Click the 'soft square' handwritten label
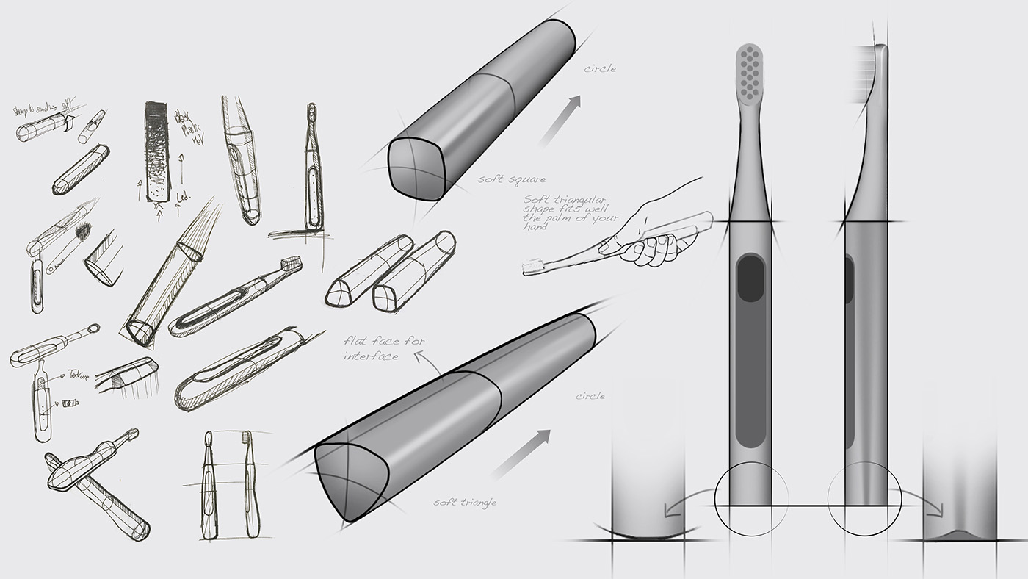click(x=511, y=179)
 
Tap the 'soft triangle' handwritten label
click(x=464, y=503)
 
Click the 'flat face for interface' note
click(x=394, y=348)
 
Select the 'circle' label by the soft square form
click(x=600, y=69)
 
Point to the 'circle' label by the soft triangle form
click(x=590, y=396)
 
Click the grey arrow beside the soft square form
click(x=560, y=120)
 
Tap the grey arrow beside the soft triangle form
click(x=521, y=453)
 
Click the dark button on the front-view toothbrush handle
click(x=750, y=278)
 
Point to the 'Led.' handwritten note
click(x=184, y=197)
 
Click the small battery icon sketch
click(x=70, y=403)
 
